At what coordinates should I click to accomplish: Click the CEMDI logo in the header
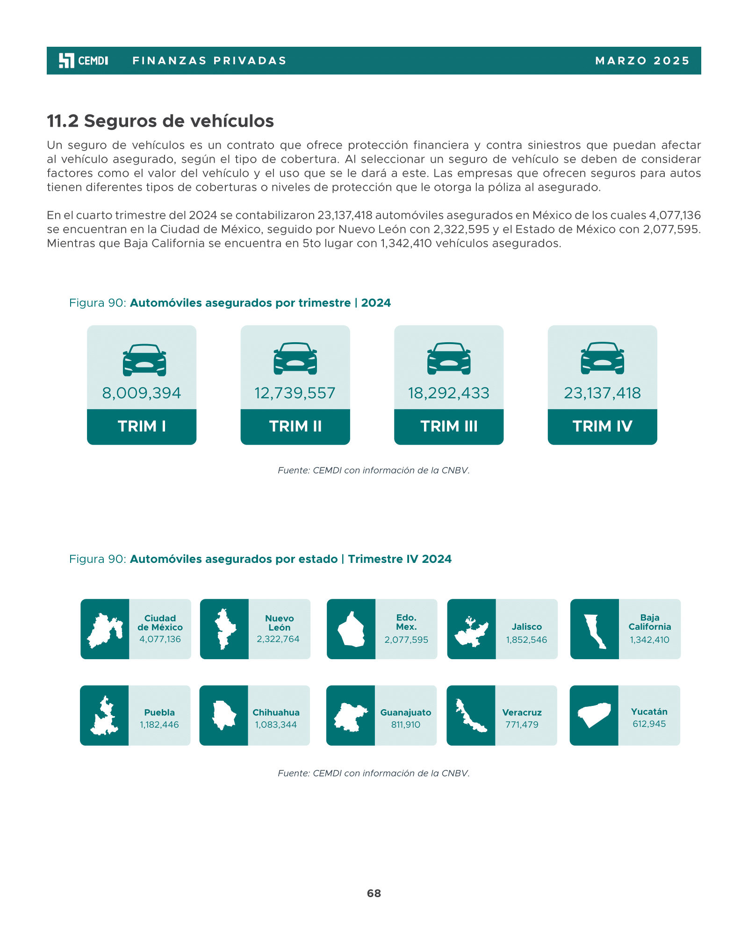(x=83, y=61)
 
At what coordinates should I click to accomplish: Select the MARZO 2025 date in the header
(x=643, y=61)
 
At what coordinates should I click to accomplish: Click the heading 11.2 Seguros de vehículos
(x=160, y=121)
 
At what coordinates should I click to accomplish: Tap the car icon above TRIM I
(x=144, y=360)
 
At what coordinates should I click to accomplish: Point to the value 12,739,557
(x=295, y=393)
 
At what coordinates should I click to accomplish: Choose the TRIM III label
(x=449, y=426)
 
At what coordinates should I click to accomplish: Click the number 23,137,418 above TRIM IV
(x=602, y=393)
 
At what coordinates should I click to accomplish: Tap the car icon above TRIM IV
(x=602, y=358)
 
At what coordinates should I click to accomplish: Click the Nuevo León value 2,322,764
(x=278, y=639)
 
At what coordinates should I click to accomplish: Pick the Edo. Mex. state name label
(x=406, y=622)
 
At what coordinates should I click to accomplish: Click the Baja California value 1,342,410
(x=649, y=640)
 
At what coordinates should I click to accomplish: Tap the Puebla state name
(x=159, y=712)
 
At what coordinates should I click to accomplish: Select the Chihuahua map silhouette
(x=224, y=715)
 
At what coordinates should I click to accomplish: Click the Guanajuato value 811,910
(x=406, y=725)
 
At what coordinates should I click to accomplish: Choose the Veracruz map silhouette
(x=471, y=716)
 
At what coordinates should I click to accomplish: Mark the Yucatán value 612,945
(x=649, y=724)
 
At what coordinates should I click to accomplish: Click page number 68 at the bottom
(x=374, y=893)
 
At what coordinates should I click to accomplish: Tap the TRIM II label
(x=295, y=426)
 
